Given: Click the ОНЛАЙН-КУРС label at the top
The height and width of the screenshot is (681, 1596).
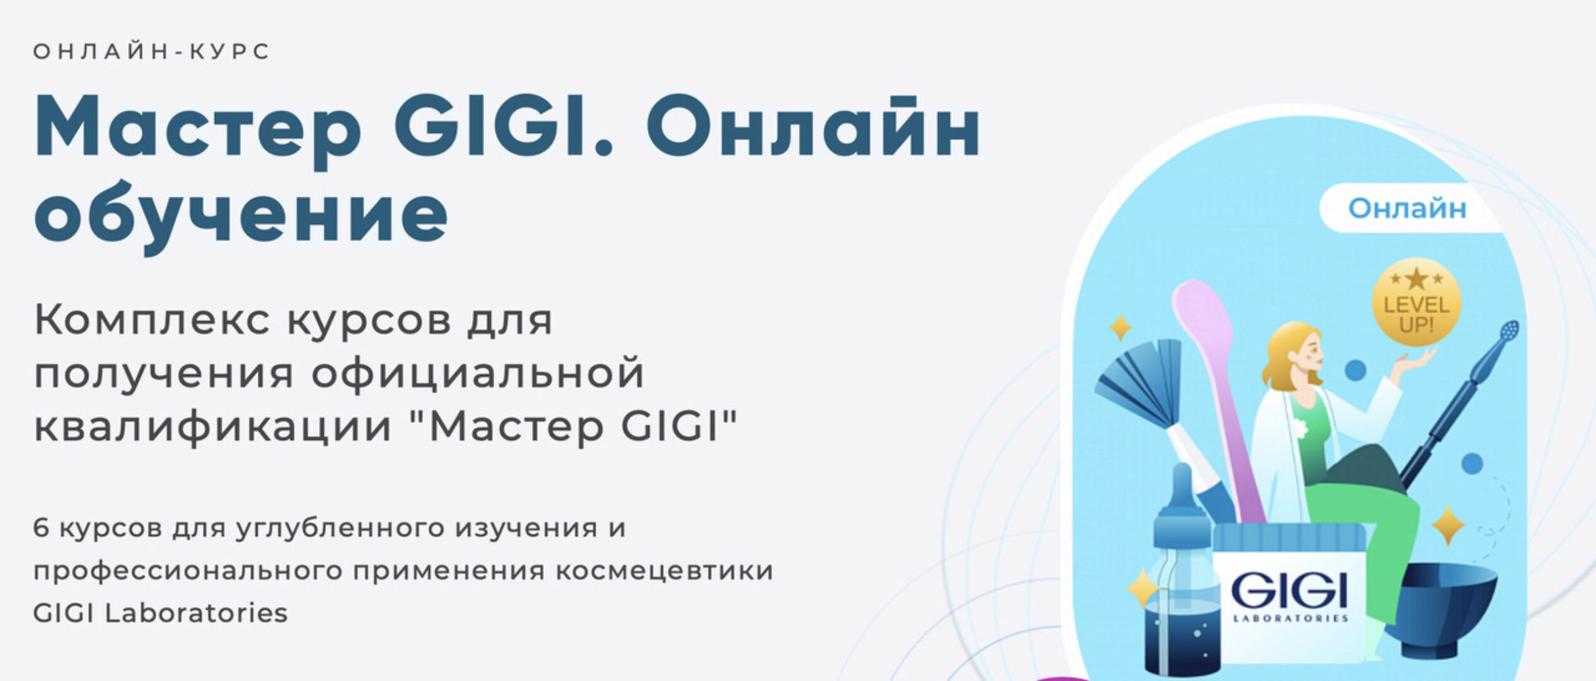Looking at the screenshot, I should (151, 52).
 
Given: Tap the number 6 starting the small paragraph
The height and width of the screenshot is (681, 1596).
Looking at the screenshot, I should (41, 528).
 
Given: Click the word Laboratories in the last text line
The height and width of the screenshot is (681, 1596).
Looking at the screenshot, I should (196, 613).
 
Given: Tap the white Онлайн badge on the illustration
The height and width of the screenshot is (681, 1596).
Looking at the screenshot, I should (1407, 208).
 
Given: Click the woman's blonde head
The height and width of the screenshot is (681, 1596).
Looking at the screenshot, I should (1292, 353).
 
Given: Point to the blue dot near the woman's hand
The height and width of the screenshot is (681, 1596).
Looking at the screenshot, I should (1355, 370).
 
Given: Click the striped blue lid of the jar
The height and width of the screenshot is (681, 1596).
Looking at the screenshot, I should (1288, 539).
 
